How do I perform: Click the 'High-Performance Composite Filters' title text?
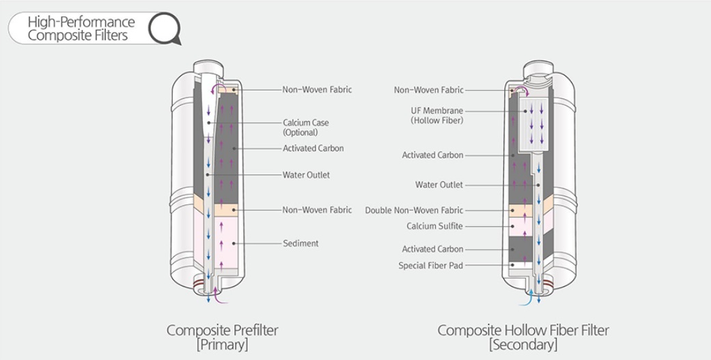pyautogui.click(x=81, y=29)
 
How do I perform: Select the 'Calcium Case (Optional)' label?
pyautogui.click(x=306, y=127)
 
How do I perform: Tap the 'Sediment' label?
pyautogui.click(x=301, y=243)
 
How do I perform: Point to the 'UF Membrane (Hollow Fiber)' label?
pyautogui.click(x=437, y=115)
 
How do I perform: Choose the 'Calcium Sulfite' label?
pyautogui.click(x=434, y=226)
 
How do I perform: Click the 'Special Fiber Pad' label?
pyautogui.click(x=430, y=265)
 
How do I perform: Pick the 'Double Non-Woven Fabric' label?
pyautogui.click(x=414, y=210)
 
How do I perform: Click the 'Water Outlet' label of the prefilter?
pyautogui.click(x=306, y=175)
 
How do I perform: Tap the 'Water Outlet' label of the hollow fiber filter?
pyautogui.click(x=438, y=184)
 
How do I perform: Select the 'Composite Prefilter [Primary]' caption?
pyautogui.click(x=223, y=337)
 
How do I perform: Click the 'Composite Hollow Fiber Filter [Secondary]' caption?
pyautogui.click(x=523, y=337)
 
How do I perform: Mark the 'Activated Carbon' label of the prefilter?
pyautogui.click(x=313, y=148)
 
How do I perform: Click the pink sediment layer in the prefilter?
pyautogui.click(x=226, y=243)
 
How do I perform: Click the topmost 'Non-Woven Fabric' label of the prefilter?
pyautogui.click(x=317, y=89)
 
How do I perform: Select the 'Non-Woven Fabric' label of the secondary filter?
pyautogui.click(x=428, y=89)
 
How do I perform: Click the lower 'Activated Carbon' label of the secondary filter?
pyautogui.click(x=432, y=249)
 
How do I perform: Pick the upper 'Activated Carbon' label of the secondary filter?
pyautogui.click(x=432, y=155)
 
